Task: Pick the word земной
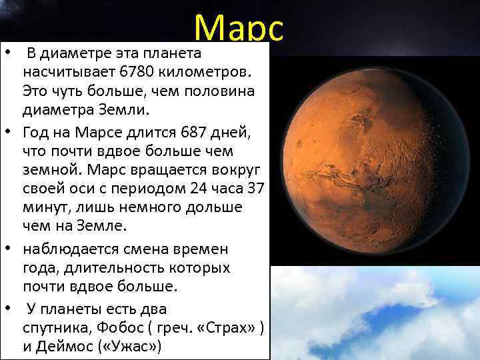click(x=47, y=169)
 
